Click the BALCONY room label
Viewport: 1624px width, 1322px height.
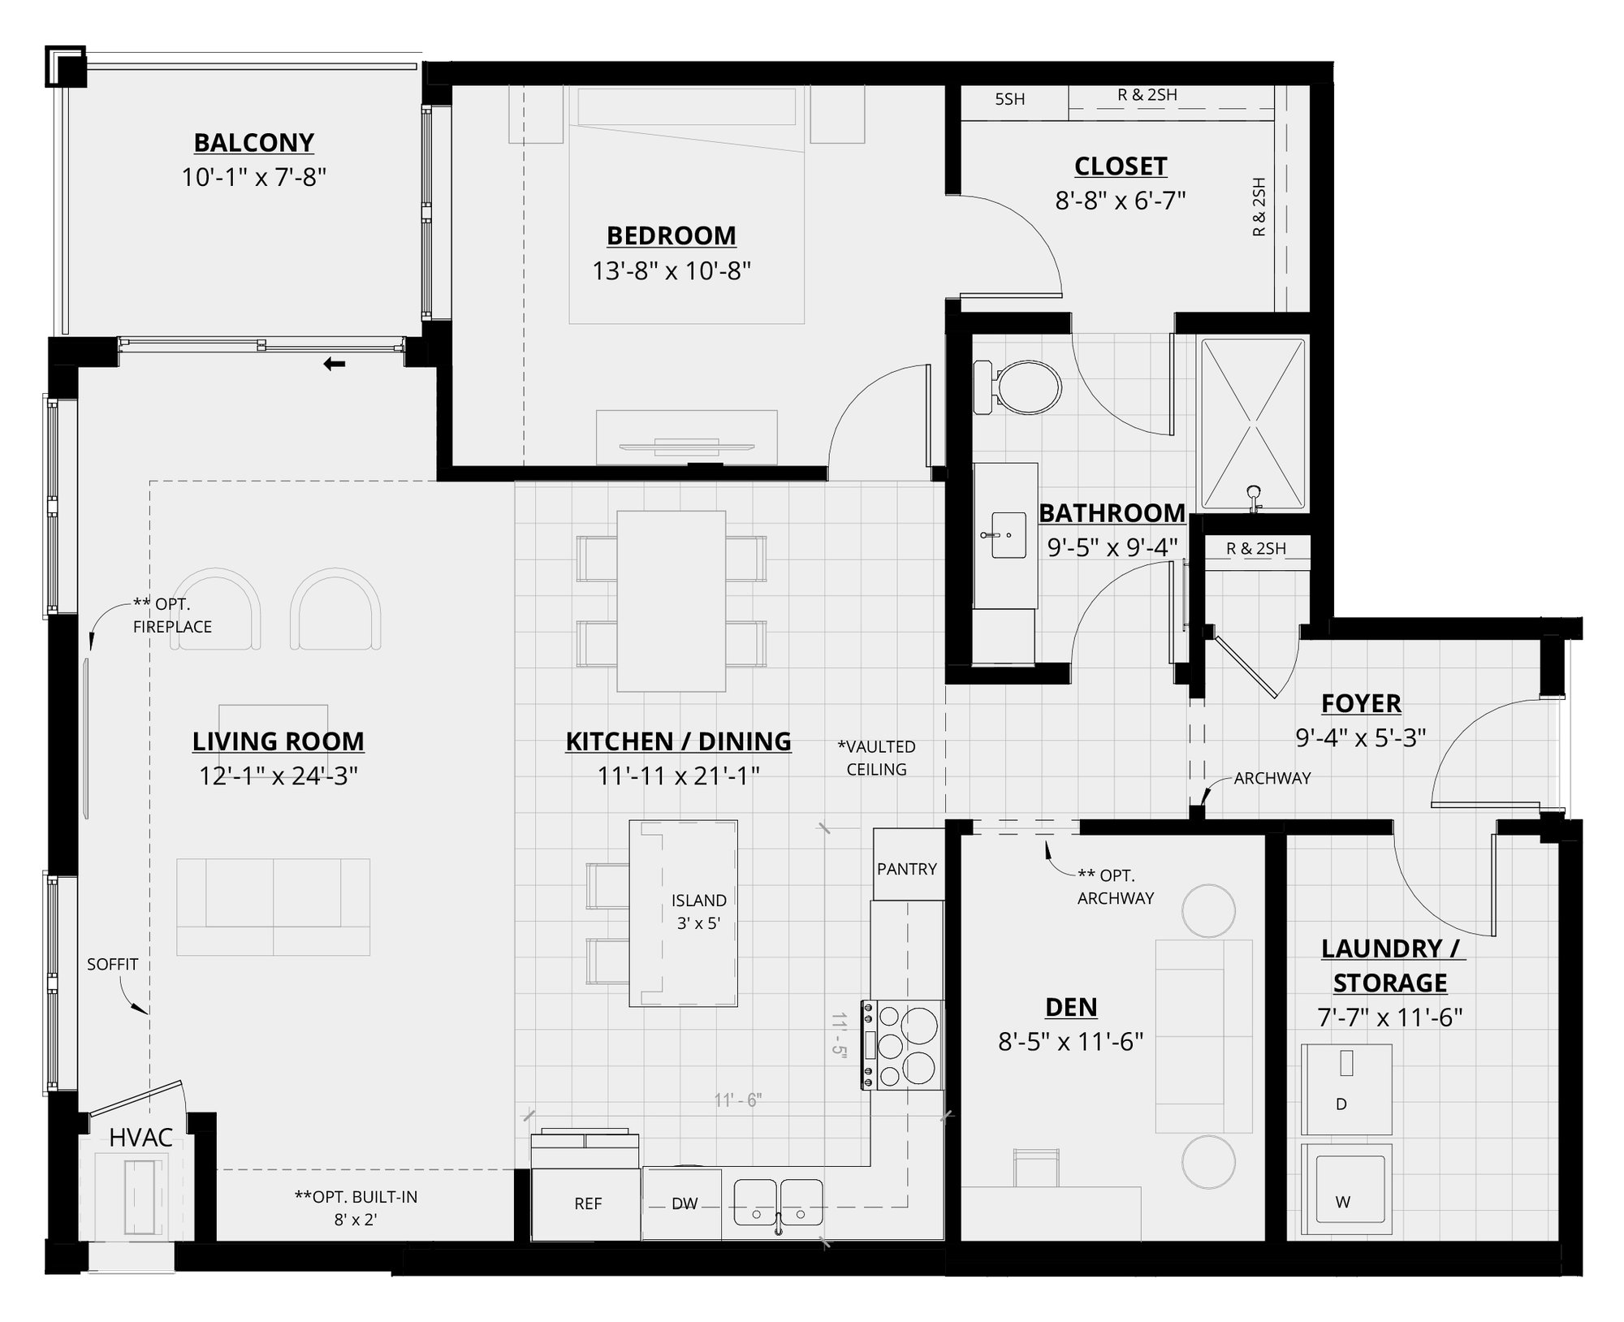pos(253,143)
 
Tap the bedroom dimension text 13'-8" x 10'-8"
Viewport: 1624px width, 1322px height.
pos(671,270)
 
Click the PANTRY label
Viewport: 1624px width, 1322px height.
pos(907,869)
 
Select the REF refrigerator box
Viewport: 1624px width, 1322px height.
pos(587,1203)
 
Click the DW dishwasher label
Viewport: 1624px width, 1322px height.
pos(684,1203)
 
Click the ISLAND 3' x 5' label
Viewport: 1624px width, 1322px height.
pos(698,911)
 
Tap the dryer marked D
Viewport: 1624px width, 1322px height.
pos(1345,1090)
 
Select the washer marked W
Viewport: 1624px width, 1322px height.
pos(1345,1190)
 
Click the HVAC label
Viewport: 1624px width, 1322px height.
pos(140,1138)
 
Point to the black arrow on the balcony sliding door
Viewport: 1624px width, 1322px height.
pos(334,365)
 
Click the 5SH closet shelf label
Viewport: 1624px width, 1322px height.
pos(1009,99)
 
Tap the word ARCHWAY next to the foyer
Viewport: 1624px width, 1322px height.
pos(1272,778)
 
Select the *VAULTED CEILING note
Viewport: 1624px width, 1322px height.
pos(876,758)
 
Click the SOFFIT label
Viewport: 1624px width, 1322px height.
pos(112,964)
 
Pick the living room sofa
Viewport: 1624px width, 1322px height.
pos(273,906)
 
